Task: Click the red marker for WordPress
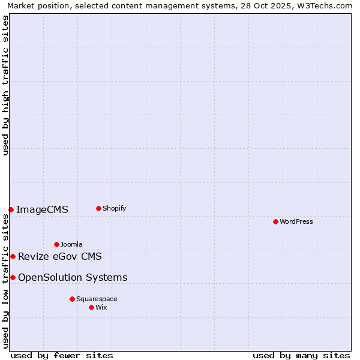click(275, 221)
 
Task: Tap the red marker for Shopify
click(98, 208)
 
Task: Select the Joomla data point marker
click(56, 244)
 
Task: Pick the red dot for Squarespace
click(72, 299)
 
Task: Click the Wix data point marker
click(91, 307)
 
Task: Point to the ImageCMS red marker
click(11, 209)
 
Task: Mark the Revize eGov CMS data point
click(13, 256)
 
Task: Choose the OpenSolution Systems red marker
click(13, 277)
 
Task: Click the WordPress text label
click(296, 221)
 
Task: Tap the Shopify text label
click(115, 208)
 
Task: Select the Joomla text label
click(71, 244)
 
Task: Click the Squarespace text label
click(97, 299)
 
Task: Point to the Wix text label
click(101, 307)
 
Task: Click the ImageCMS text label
click(42, 209)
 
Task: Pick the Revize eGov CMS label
click(60, 256)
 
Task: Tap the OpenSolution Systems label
click(73, 277)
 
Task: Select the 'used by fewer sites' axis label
click(62, 355)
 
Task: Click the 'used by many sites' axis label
click(301, 355)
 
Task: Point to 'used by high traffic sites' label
click(5, 85)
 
